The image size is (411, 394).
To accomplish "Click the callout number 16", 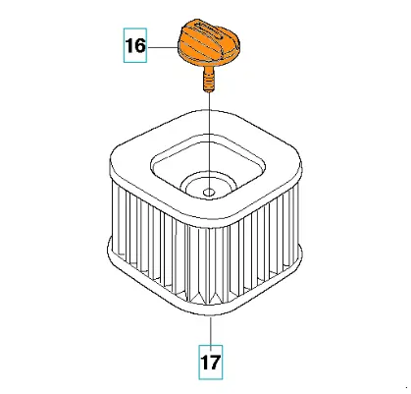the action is [135, 45].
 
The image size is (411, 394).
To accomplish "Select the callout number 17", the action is [211, 363].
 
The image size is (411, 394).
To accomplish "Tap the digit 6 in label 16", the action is [140, 45].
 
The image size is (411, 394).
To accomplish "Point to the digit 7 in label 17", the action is [215, 363].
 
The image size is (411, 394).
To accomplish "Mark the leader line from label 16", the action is [162, 47].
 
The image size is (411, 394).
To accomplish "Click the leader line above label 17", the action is [211, 331].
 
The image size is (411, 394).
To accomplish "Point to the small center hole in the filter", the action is [209, 193].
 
